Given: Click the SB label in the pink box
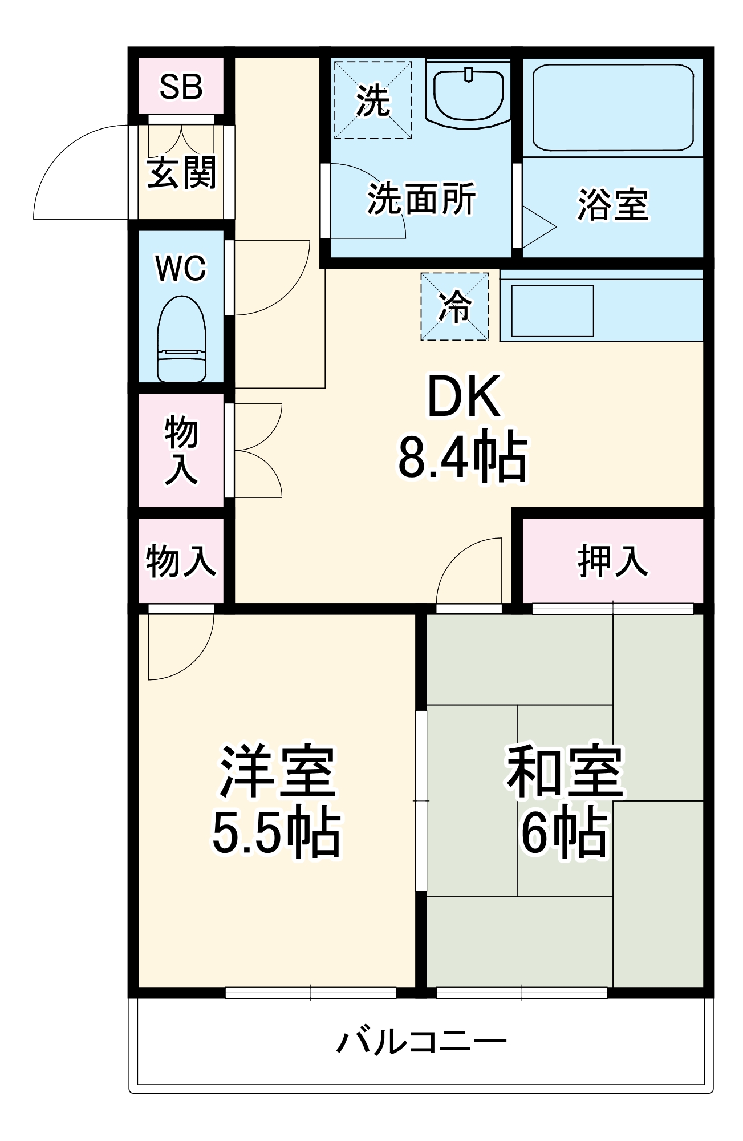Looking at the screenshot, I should [181, 87].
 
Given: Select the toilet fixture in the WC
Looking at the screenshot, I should [181, 339].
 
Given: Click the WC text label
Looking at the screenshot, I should [181, 268].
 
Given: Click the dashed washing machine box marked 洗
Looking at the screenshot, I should [373, 100].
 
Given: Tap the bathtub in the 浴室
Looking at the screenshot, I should [613, 107].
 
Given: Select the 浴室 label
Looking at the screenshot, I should [613, 204].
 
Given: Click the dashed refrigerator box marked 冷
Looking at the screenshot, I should [454, 306].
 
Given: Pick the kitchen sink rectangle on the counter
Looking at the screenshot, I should [552, 311].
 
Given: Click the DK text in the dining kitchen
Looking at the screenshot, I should [464, 396].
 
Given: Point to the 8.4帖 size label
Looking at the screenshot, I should [463, 457].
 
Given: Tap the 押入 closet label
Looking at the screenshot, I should [613, 561].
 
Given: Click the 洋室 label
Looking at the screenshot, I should [277, 770].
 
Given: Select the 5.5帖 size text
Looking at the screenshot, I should [277, 833].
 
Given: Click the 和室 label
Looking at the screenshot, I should [565, 770].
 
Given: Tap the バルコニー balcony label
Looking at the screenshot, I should [421, 1042].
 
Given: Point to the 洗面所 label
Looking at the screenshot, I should [421, 199].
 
